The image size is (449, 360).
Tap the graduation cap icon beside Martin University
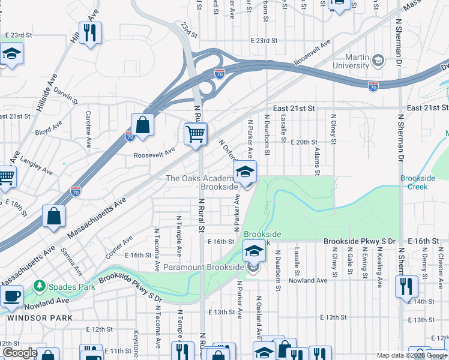378,60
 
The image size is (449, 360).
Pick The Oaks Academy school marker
245,172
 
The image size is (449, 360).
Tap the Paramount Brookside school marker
253,251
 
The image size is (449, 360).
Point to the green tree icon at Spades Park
40,286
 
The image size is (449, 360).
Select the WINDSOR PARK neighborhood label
40,317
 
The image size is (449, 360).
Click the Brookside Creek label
414,182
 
